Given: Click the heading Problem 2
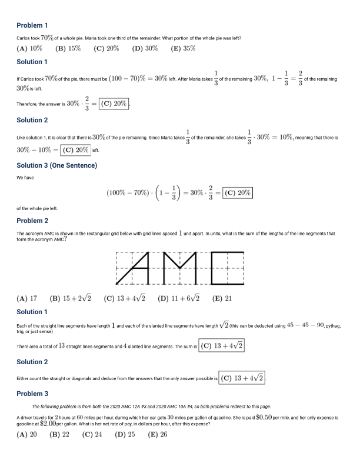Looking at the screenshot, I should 32,221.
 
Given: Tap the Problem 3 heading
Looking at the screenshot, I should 32,394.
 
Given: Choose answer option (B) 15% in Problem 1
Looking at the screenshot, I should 68,49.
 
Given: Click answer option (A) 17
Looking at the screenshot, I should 27,298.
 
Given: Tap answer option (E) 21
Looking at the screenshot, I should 222,298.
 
